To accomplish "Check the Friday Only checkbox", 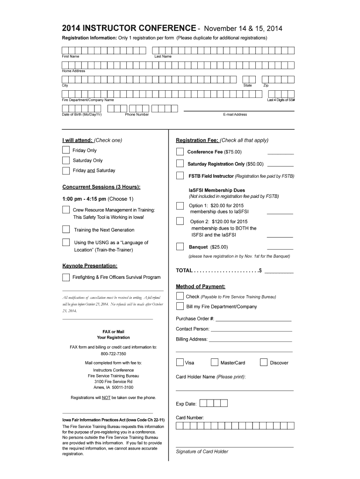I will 66,150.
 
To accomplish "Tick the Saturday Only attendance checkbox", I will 66,161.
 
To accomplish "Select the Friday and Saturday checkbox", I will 66,171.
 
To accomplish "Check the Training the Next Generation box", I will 66,229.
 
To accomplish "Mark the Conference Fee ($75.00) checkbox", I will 180,152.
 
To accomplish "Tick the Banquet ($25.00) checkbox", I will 180,247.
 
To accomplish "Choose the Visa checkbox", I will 180,362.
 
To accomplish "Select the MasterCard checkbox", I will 215,362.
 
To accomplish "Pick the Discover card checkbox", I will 263,362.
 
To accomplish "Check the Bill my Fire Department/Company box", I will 180,306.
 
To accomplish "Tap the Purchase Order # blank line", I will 253,319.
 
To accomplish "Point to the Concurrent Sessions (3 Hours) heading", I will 101,187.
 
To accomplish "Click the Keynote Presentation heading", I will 90,266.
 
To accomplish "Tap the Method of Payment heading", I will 200,286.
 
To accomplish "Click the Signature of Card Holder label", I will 202,451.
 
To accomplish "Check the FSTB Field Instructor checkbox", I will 180,176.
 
